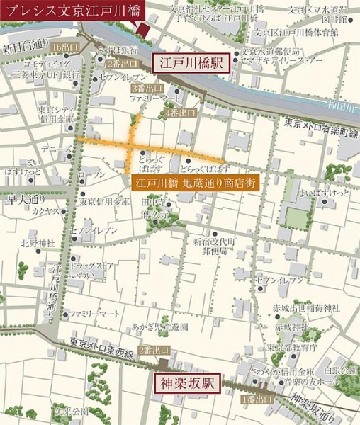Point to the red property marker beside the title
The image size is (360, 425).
[x=142, y=30]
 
